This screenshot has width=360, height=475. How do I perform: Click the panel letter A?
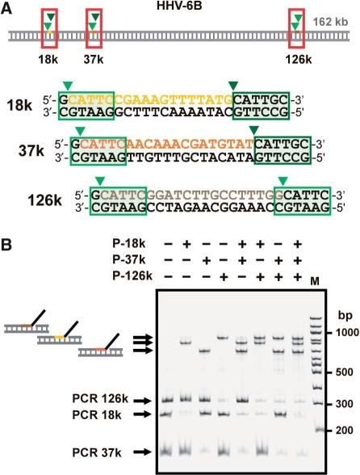click(x=9, y=8)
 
